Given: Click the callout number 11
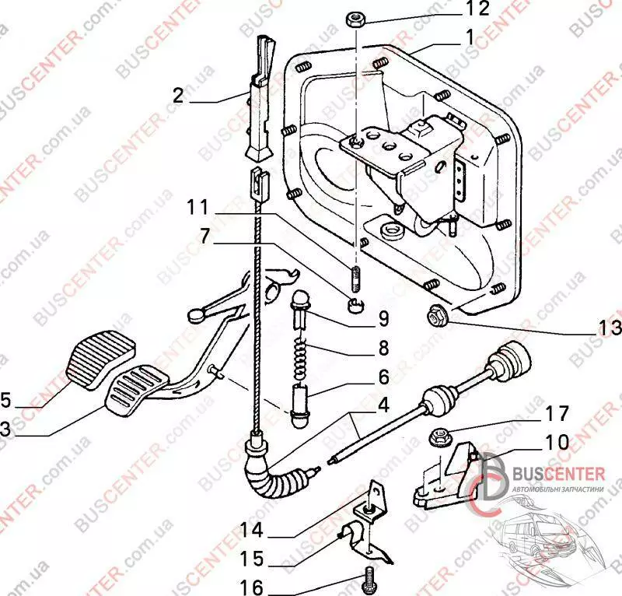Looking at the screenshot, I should tap(197, 208).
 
